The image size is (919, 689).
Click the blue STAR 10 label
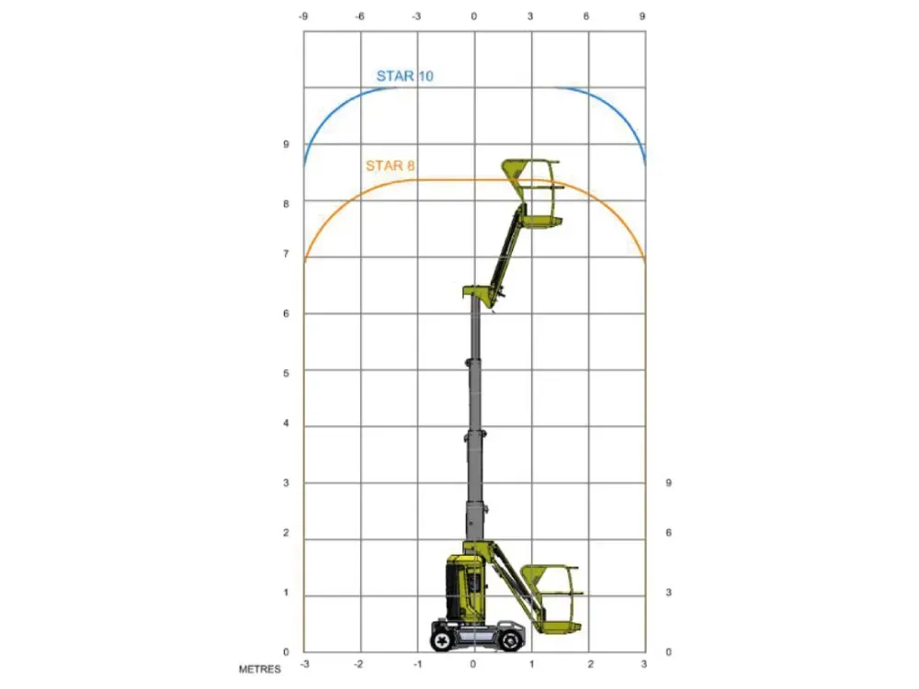click(x=404, y=76)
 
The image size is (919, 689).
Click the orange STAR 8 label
click(x=391, y=165)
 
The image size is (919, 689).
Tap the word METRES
click(x=260, y=669)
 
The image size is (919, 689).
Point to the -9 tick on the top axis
click(x=303, y=17)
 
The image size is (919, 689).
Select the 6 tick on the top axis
click(x=586, y=17)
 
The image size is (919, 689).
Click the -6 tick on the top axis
click(x=360, y=17)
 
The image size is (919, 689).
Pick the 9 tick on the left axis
click(x=286, y=144)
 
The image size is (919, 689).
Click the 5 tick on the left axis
click(x=286, y=373)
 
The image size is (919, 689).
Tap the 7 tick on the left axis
click(x=286, y=254)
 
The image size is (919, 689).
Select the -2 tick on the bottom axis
click(x=358, y=664)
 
